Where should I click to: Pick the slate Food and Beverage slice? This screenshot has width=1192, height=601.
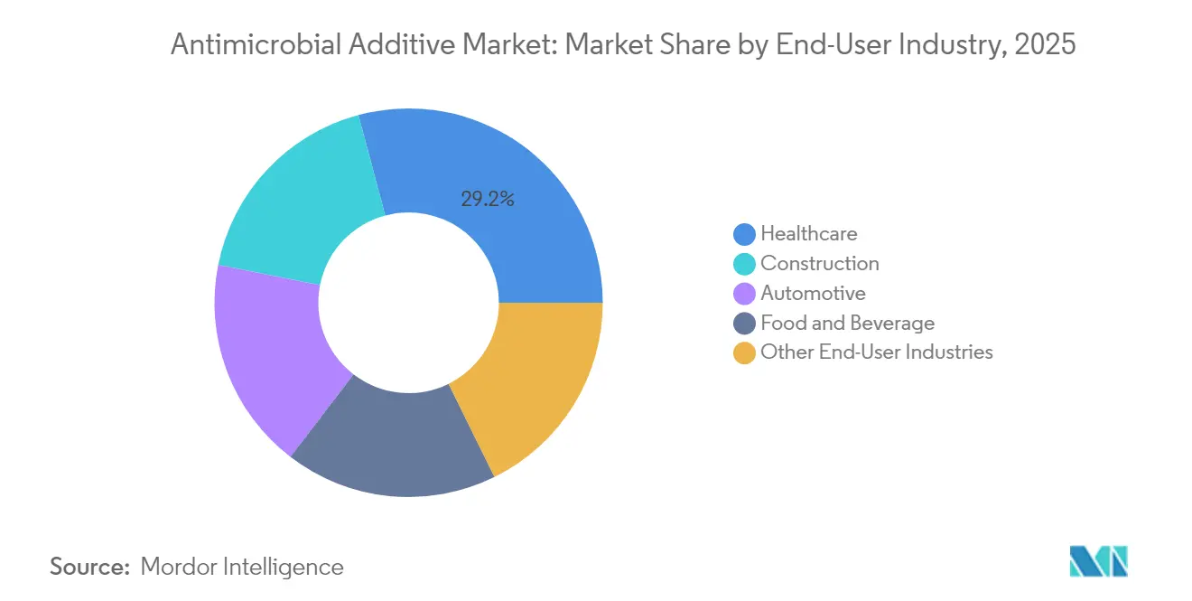(x=393, y=443)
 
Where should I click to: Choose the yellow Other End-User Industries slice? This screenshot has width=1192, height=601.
(x=528, y=384)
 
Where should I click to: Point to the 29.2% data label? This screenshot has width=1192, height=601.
(x=488, y=200)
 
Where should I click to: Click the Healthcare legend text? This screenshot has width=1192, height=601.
(x=808, y=233)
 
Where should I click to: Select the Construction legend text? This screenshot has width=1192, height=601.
(x=819, y=263)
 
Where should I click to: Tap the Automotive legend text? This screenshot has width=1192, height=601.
(x=813, y=293)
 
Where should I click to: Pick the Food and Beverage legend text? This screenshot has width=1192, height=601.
(x=847, y=323)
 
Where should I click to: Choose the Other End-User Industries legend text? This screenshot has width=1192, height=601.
(x=876, y=352)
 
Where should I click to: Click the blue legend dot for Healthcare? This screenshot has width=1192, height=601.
(x=745, y=234)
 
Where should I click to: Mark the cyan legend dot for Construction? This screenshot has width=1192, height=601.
(x=745, y=264)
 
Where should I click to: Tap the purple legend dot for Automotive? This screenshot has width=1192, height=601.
(x=745, y=294)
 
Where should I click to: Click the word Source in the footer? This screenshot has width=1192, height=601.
(x=89, y=567)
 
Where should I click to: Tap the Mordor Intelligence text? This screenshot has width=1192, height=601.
(x=242, y=567)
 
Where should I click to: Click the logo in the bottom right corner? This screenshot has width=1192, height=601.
(x=1098, y=561)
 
